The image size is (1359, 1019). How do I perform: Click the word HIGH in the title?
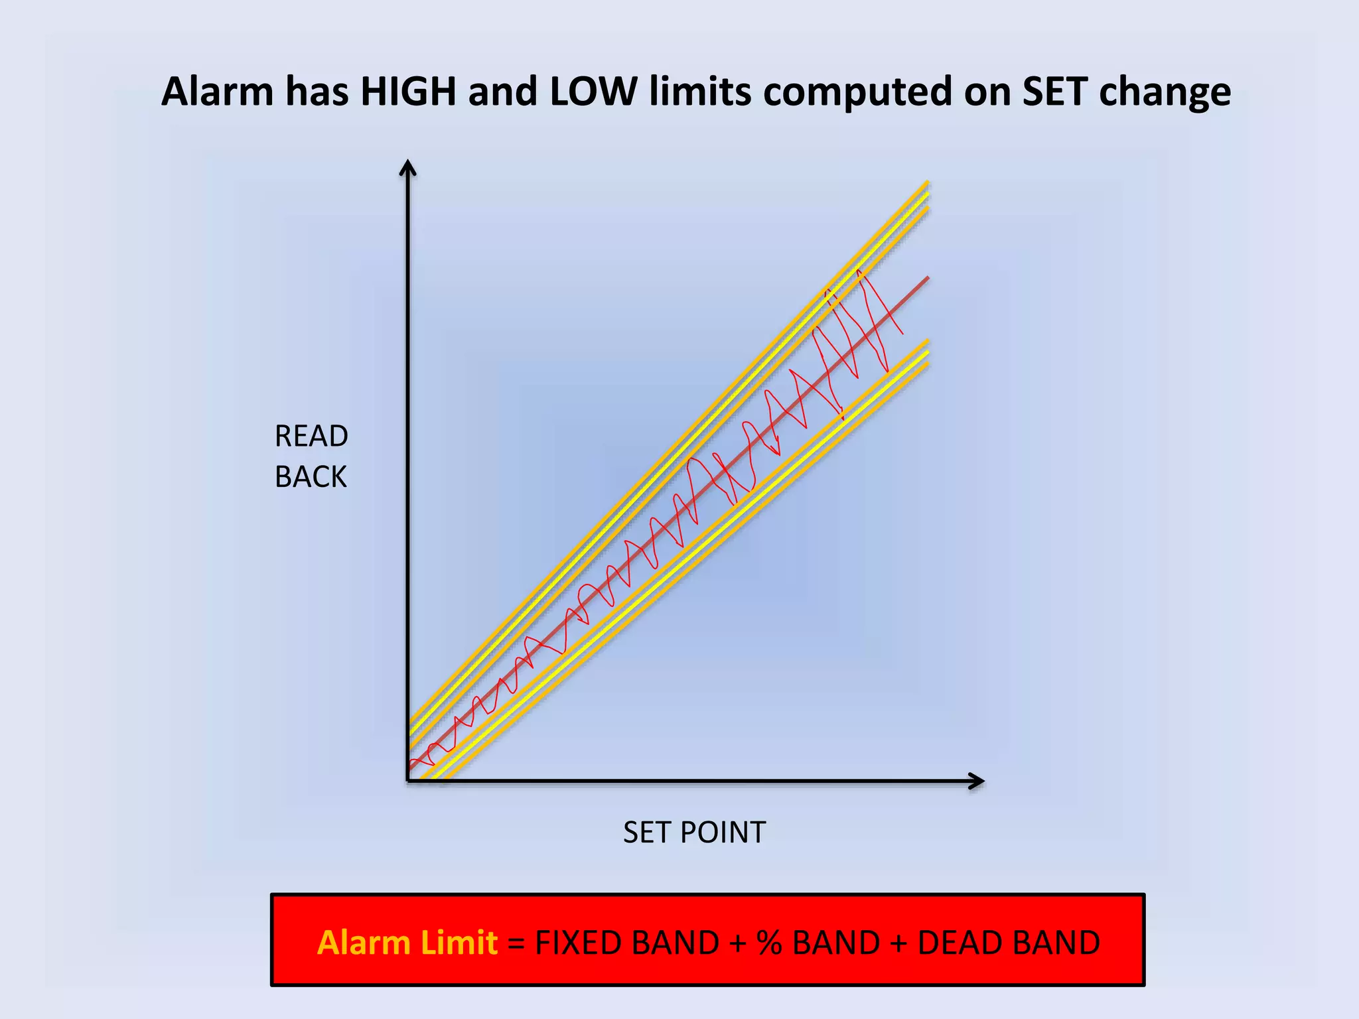pyautogui.click(x=408, y=92)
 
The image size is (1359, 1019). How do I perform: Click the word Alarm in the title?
pyautogui.click(x=217, y=92)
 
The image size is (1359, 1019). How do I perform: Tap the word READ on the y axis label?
pyautogui.click(x=311, y=437)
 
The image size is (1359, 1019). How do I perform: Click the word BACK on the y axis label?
pyautogui.click(x=311, y=477)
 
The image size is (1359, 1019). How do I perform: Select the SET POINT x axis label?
pyautogui.click(x=694, y=833)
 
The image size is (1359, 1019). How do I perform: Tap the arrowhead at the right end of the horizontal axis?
pyautogui.click(x=977, y=781)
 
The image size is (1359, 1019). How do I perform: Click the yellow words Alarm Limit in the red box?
pyautogui.click(x=407, y=943)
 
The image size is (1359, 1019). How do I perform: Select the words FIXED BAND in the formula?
pyautogui.click(x=626, y=943)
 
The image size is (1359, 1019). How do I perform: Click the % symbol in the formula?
pyautogui.click(x=769, y=943)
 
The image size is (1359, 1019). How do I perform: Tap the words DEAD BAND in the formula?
pyautogui.click(x=1008, y=943)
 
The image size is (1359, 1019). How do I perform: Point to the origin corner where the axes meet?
pyautogui.click(x=408, y=780)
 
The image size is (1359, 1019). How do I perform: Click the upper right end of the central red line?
pyautogui.click(x=927, y=278)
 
